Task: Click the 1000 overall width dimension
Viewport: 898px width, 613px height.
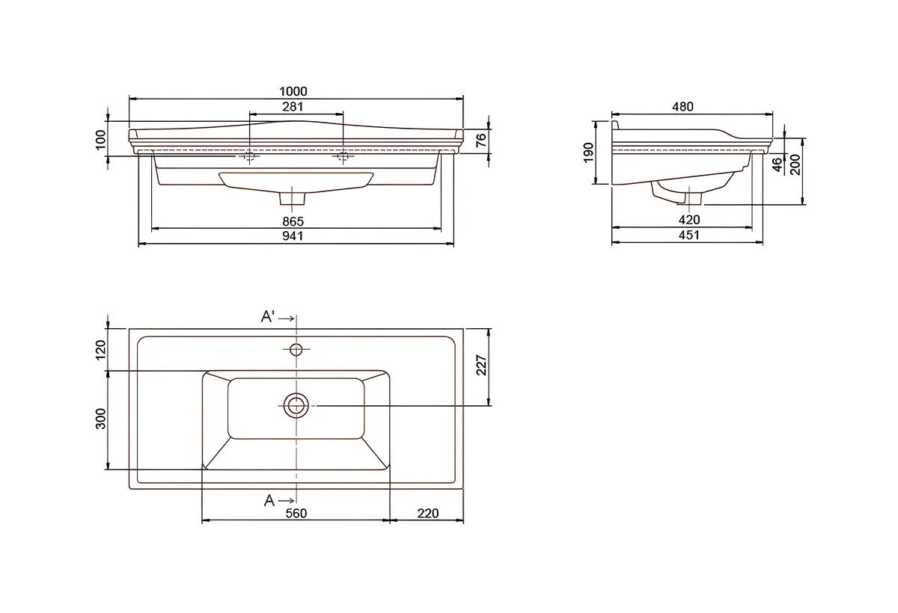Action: (293, 91)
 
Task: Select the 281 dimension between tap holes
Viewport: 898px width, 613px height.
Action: (293, 106)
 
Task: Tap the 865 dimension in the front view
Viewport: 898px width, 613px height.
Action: (293, 221)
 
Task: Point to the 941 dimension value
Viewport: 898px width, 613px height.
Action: (293, 235)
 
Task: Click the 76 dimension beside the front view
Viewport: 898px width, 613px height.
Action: (480, 140)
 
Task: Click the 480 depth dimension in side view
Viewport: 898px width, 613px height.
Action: (682, 106)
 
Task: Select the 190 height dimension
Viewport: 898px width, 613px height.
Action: (588, 153)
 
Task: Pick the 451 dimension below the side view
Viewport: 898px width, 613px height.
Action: (688, 235)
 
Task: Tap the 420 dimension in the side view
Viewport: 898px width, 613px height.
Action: (689, 220)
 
